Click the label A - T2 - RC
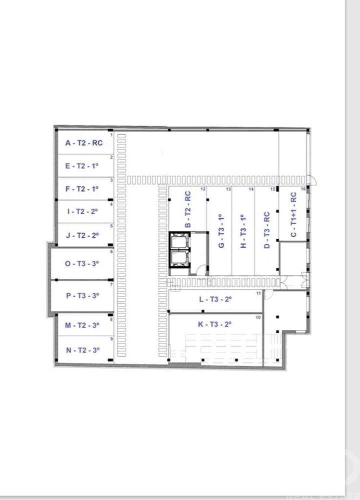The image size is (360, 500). (x=83, y=143)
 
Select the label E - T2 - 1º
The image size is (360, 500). (x=82, y=166)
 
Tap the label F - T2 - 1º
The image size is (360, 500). (x=82, y=189)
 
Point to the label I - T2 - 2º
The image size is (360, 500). (x=82, y=211)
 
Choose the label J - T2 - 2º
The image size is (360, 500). (x=82, y=235)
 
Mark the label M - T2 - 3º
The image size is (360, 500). (x=82, y=325)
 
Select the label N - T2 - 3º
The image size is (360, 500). (x=82, y=350)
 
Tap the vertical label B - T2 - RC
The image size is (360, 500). (x=187, y=210)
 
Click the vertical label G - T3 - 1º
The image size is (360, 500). (x=221, y=231)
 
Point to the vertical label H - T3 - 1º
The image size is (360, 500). (x=244, y=231)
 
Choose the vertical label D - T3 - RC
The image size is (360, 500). (x=266, y=230)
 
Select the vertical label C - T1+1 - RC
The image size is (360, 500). (x=293, y=214)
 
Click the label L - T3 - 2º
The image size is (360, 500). (x=215, y=299)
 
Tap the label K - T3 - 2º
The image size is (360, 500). (x=215, y=324)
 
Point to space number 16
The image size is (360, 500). (x=303, y=189)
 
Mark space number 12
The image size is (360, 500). (x=203, y=189)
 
